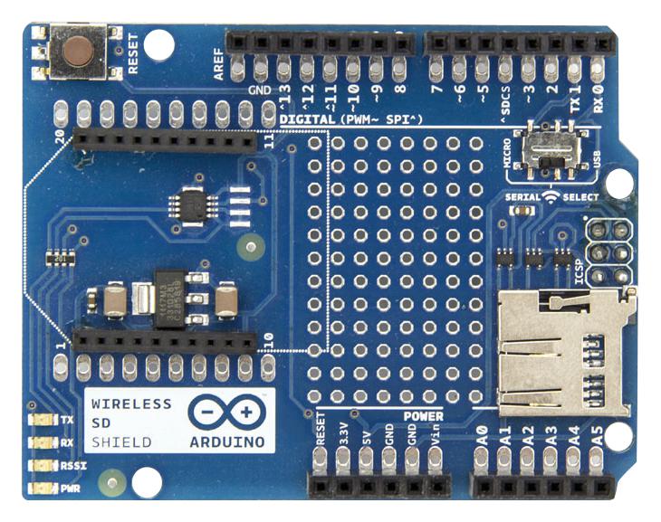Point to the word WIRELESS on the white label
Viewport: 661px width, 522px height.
coord(129,403)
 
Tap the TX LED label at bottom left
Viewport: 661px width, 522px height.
coord(67,420)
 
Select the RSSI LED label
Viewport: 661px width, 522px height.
coord(70,465)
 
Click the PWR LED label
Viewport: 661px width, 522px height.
coord(69,488)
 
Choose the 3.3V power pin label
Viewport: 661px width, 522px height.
coord(342,432)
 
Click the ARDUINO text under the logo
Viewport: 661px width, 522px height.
coord(228,442)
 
